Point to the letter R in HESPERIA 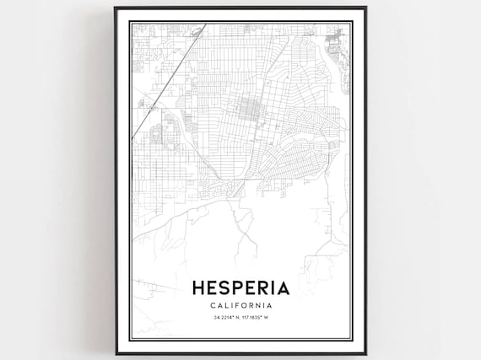point(265,288)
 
